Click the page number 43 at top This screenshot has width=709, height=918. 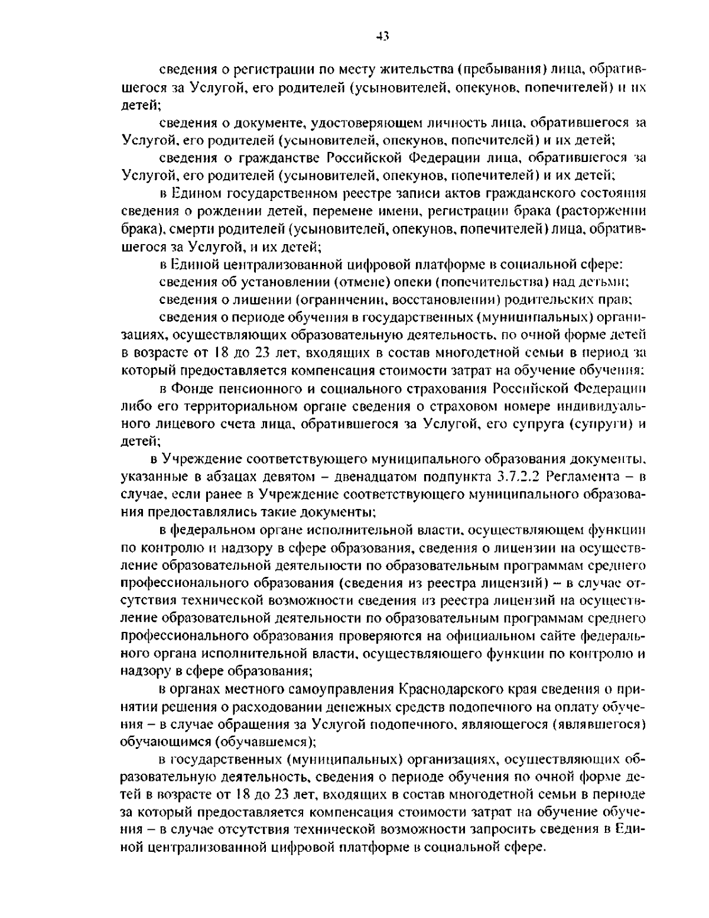click(382, 37)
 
